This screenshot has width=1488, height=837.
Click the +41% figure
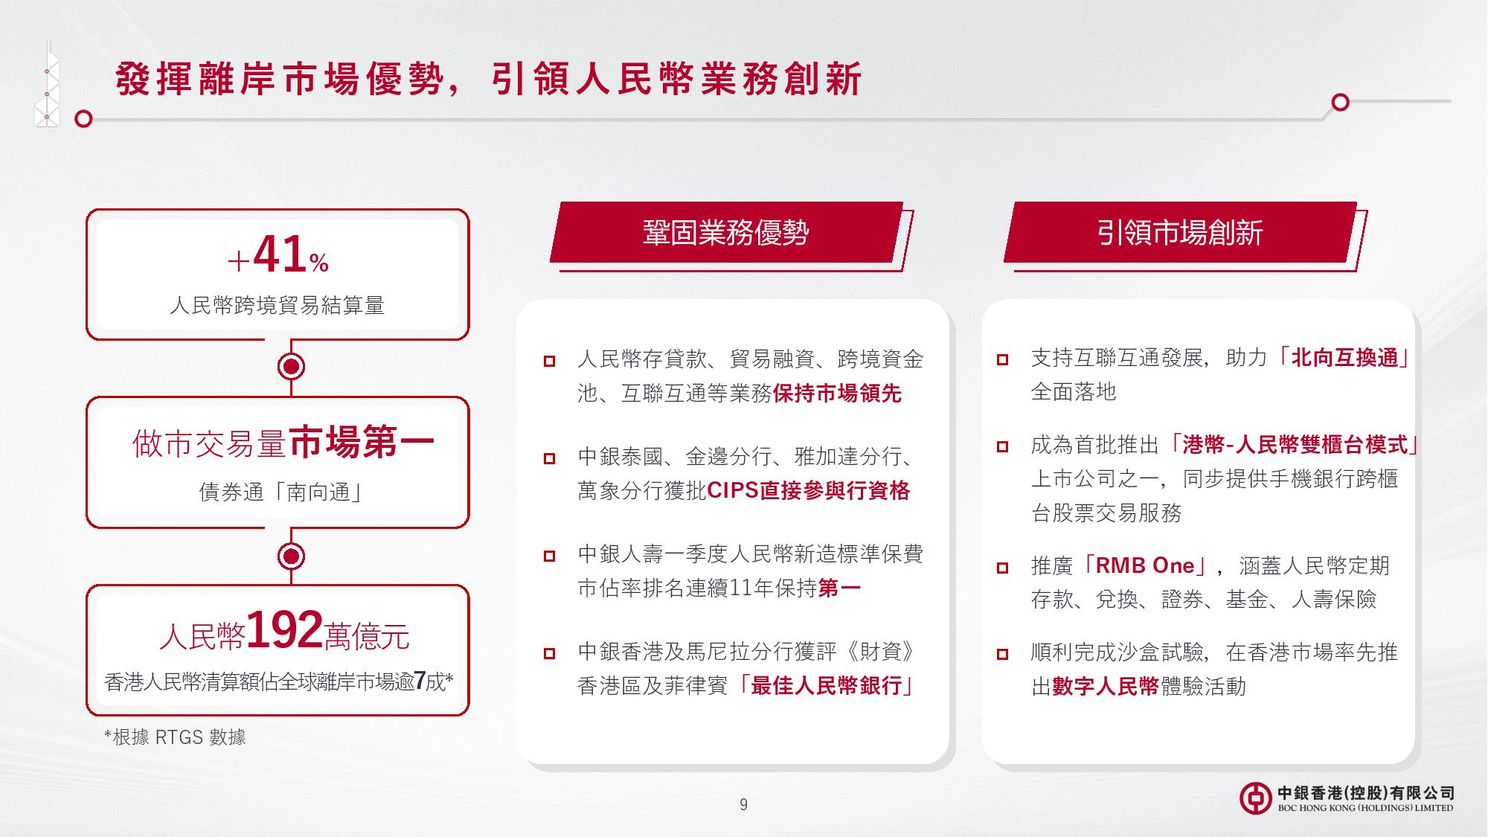[x=278, y=255]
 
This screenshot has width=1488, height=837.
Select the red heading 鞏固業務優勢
[x=725, y=233]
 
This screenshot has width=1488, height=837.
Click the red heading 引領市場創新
[x=1179, y=233]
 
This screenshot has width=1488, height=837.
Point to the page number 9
[x=743, y=804]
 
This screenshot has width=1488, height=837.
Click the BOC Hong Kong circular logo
[x=1255, y=798]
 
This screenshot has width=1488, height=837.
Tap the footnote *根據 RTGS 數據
[x=175, y=737]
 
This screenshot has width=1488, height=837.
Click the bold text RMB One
[x=1145, y=565]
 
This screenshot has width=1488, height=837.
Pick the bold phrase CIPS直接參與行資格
[x=809, y=491]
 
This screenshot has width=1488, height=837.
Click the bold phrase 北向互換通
[x=1344, y=358]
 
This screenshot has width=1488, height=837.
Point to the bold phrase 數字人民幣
[x=1106, y=686]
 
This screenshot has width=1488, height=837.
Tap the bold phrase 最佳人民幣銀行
[x=827, y=686]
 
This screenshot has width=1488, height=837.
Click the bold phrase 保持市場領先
[x=837, y=394]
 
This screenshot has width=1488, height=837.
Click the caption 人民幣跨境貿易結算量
[x=277, y=305]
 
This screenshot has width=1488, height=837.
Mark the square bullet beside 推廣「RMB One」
[x=1002, y=568]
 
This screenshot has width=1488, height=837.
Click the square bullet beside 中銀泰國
[x=549, y=458]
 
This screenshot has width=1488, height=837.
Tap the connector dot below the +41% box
[x=291, y=367]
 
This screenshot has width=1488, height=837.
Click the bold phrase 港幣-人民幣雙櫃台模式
[x=1295, y=445]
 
